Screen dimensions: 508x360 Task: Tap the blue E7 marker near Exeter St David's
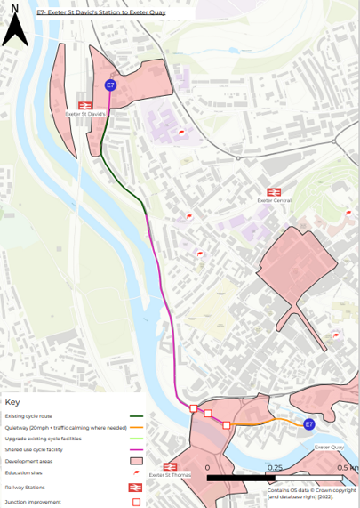click(x=110, y=85)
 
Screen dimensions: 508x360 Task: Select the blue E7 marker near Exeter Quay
click(x=308, y=425)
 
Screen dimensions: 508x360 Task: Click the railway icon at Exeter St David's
click(x=86, y=105)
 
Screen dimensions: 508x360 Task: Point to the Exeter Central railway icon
click(x=274, y=191)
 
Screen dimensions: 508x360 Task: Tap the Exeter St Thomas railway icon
click(x=171, y=466)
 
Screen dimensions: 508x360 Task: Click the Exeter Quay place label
click(x=329, y=447)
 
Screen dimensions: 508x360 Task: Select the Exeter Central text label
click(x=274, y=201)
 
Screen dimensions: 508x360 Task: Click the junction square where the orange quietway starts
click(x=227, y=425)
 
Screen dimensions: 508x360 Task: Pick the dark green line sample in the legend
click(x=136, y=416)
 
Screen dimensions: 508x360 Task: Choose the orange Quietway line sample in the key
click(x=136, y=427)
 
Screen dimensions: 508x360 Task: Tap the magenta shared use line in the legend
click(x=136, y=450)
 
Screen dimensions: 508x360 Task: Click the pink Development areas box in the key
click(x=136, y=462)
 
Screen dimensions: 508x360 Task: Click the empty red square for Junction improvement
click(x=136, y=502)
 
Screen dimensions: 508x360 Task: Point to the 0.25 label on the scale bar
click(x=275, y=467)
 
